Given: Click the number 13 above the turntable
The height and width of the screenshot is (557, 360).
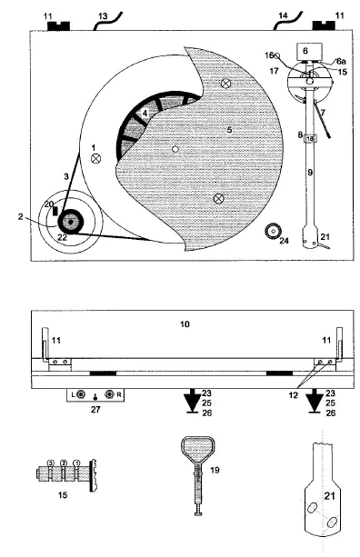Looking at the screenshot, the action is pos(102,15).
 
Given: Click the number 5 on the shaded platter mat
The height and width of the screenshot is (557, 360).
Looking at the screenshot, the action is pos(229,131).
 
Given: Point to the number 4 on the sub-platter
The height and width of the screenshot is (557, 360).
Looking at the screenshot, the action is pos(144,113).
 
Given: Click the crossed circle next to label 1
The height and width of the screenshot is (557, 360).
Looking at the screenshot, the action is pos(95,156).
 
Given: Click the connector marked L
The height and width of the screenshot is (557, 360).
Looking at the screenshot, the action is pos(81,395).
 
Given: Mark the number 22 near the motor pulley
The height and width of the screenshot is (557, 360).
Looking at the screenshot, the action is pos(62,237).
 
